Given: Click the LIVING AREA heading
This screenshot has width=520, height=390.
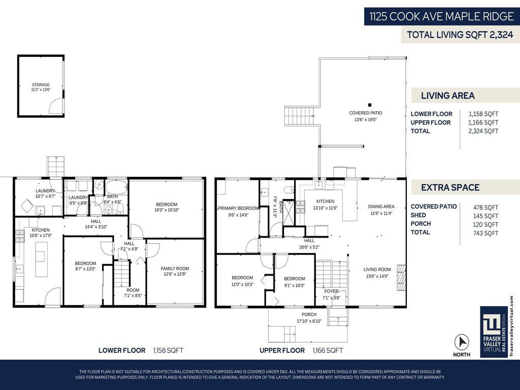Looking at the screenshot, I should click(x=447, y=95).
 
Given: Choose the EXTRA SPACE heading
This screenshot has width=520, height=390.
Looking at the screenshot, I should click(x=450, y=187).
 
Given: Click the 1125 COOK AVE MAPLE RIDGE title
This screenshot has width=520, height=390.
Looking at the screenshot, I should click(x=441, y=16).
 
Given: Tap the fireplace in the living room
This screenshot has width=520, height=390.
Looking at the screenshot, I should click(x=401, y=277).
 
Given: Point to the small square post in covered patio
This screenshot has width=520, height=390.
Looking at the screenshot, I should click(x=370, y=105).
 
